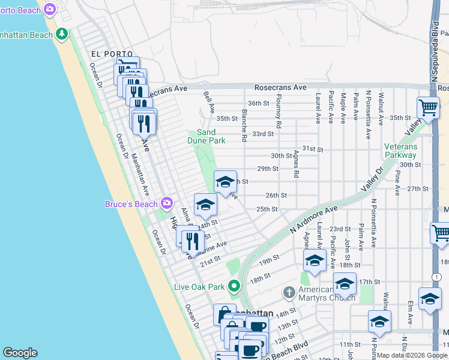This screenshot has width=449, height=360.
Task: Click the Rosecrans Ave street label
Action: pyautogui.click(x=280, y=88)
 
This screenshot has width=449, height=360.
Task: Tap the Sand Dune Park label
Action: pyautogui.click(x=206, y=136)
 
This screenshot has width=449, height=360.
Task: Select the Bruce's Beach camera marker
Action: pyautogui.click(x=166, y=204)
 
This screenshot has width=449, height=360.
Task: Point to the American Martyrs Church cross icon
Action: pyautogui.click(x=289, y=292)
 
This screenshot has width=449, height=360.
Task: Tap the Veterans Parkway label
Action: pyautogui.click(x=409, y=151)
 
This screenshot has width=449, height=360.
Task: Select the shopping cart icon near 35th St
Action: pyautogui.click(x=428, y=108)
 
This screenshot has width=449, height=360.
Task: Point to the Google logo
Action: pyautogui.click(x=20, y=353)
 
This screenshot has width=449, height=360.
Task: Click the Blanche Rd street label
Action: pyautogui.click(x=244, y=125)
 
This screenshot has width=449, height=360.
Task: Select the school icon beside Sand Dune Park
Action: pyautogui.click(x=225, y=182)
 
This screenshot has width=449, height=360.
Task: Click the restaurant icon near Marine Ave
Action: pyautogui.click(x=191, y=241)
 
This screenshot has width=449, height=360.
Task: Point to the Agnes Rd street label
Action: pyautogui.click(x=296, y=165)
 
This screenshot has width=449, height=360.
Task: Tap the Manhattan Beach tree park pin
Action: pyautogui.click(x=61, y=34)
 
